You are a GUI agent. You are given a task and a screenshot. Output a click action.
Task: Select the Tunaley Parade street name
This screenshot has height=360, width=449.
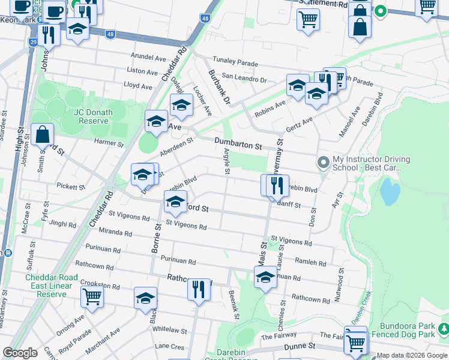tap(234, 63)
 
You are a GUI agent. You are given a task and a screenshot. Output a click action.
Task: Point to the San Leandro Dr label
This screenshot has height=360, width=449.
tap(244, 78)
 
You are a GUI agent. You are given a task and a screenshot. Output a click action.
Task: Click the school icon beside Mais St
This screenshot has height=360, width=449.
tap(265, 278)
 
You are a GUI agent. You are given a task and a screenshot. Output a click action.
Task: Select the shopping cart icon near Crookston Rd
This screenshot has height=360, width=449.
tap(92, 296)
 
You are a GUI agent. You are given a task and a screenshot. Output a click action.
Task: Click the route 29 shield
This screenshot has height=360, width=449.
tap(33, 42)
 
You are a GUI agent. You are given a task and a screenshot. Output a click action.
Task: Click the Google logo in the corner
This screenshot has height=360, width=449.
tap(20, 353)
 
